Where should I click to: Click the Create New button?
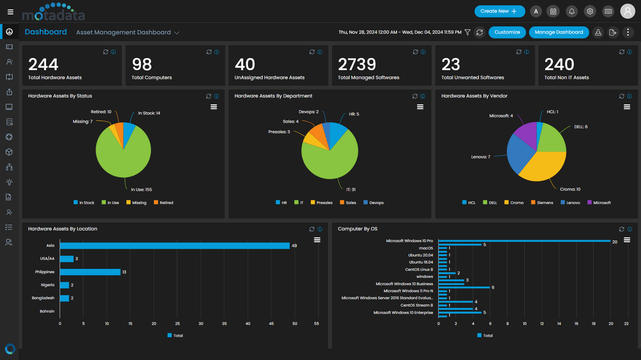click(x=499, y=11)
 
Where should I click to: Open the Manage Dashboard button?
click(x=559, y=32)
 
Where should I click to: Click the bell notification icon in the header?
click(x=572, y=11)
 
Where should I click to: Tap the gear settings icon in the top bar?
click(x=590, y=11)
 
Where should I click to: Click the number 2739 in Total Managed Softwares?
click(x=357, y=65)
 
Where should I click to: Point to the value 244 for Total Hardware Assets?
click(x=43, y=65)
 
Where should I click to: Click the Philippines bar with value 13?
click(x=90, y=272)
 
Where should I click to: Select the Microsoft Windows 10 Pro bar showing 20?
click(x=523, y=241)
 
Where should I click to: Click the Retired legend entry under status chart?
click(x=163, y=202)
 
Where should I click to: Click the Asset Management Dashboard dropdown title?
click(x=128, y=33)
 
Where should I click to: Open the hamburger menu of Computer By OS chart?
click(x=627, y=240)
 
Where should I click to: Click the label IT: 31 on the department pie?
click(x=350, y=190)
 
